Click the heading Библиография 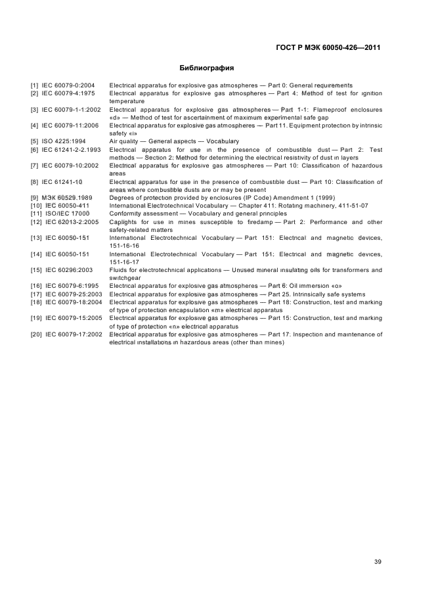pos(206,68)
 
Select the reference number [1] pos(34,85)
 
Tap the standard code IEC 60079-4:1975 pos(68,93)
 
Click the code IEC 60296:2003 pos(68,270)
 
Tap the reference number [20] pos(35,334)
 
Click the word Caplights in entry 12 pos(123,221)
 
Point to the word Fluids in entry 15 pos(118,270)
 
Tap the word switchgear pos(125,278)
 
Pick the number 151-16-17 pos(123,262)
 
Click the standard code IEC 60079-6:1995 pos(68,286)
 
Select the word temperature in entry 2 pos(127,101)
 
